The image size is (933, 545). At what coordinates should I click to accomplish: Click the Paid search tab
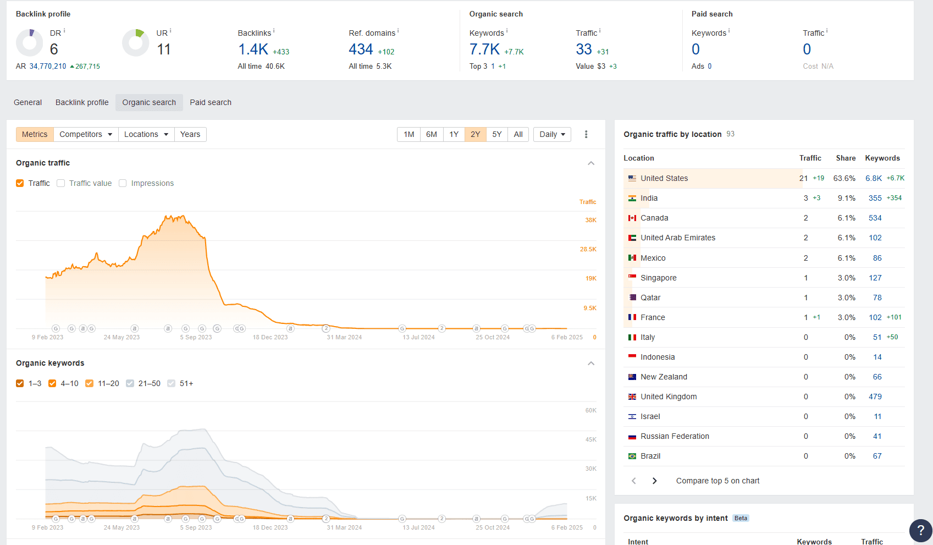pos(211,102)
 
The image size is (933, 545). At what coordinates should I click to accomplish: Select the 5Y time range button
pos(496,134)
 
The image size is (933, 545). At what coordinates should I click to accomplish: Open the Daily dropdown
pos(552,134)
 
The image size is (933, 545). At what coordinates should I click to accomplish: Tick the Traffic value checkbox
pos(61,183)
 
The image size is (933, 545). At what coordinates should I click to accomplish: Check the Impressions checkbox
pos(123,183)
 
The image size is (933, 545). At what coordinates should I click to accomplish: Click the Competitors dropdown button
pos(86,134)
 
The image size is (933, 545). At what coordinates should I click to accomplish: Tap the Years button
pos(190,134)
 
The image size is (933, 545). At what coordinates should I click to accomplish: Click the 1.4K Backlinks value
pos(253,49)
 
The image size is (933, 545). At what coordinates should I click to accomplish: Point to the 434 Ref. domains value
pos(361,49)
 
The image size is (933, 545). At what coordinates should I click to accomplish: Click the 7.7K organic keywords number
pos(484,49)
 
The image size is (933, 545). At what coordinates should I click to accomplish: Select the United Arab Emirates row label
pos(677,238)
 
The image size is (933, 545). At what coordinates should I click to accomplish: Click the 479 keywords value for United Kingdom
pos(875,397)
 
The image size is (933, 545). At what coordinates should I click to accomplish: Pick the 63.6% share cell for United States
pos(844,178)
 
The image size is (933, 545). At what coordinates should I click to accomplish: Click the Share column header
pos(846,158)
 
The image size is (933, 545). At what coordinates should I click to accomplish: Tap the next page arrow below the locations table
pos(654,481)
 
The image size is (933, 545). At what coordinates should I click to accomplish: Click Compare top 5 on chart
pos(717,481)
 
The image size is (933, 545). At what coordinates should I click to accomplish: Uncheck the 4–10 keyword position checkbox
pos(52,383)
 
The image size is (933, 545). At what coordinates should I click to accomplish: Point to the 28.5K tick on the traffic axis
pos(588,249)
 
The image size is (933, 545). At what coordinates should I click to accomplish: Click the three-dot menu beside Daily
pos(586,134)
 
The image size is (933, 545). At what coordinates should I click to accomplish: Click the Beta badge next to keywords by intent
pos(741,518)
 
